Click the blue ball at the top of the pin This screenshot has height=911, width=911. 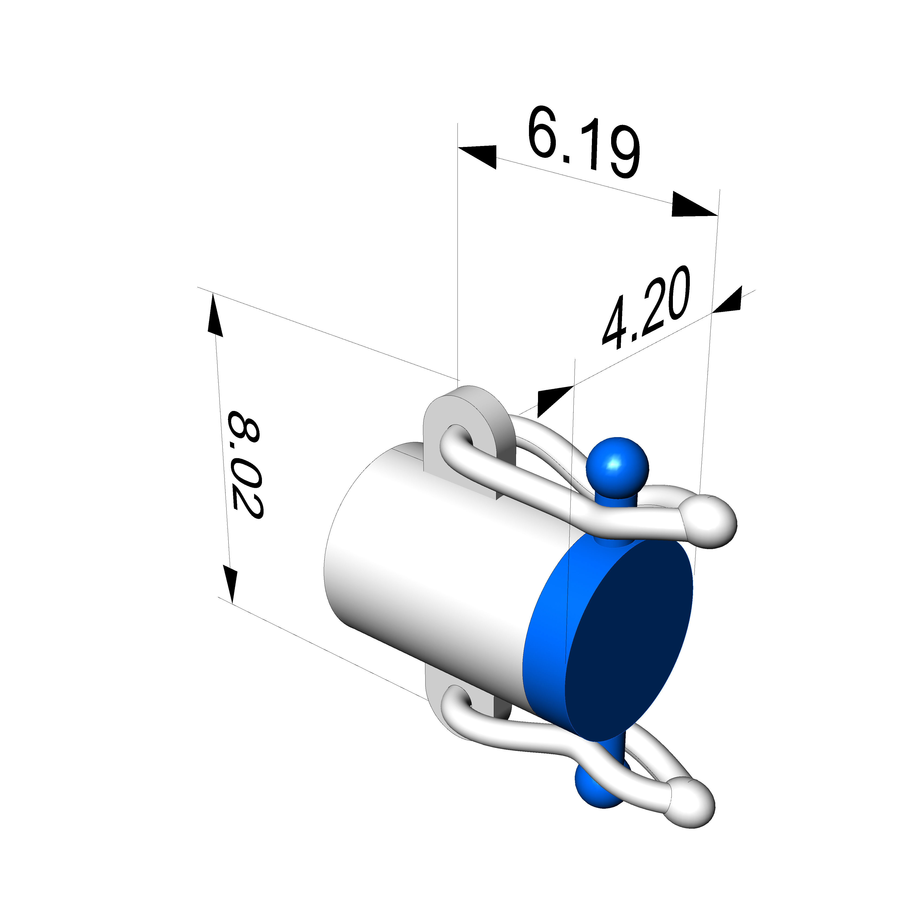pos(617,467)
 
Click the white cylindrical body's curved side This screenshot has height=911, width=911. pos(424,566)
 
